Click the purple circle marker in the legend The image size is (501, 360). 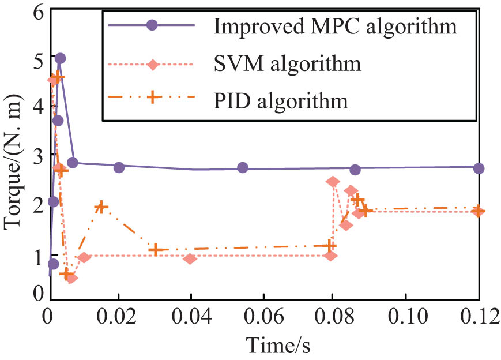click(x=152, y=26)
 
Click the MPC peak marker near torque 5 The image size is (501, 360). click(x=60, y=58)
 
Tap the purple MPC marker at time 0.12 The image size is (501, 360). click(x=479, y=168)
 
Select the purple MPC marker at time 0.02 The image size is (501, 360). click(x=119, y=167)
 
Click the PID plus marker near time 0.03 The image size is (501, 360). click(x=154, y=249)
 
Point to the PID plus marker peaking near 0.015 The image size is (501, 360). click(x=101, y=207)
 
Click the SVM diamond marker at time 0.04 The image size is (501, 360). click(x=190, y=258)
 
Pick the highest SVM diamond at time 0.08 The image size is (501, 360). click(x=333, y=182)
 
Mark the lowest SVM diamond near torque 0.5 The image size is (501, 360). click(x=72, y=279)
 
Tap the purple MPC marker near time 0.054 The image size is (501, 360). click(x=243, y=167)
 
